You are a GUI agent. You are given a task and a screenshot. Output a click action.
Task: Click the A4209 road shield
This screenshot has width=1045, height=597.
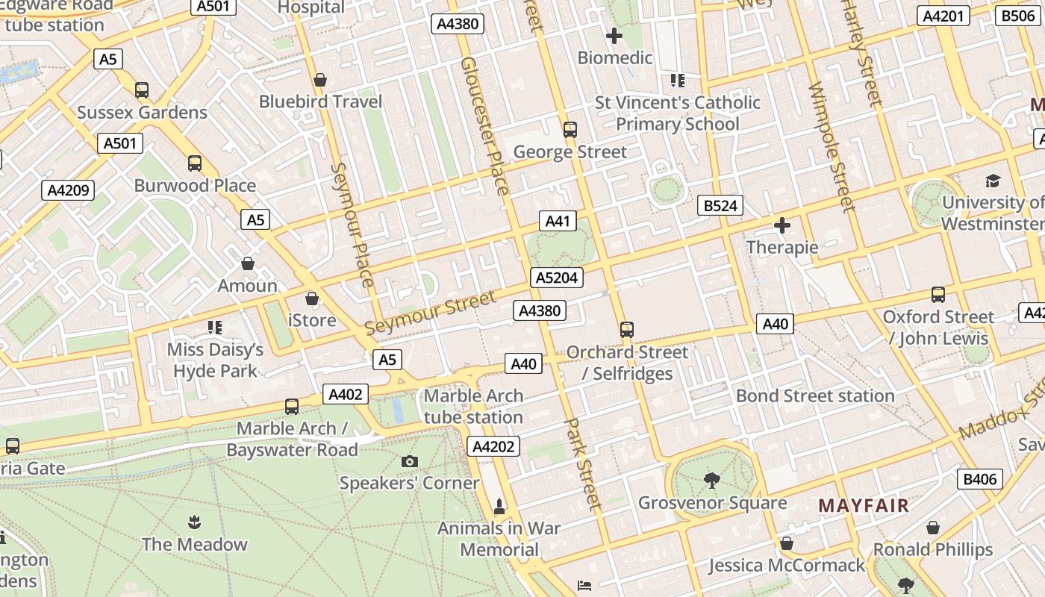point(68,190)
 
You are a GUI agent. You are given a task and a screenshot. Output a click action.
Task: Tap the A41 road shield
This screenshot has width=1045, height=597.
point(558,221)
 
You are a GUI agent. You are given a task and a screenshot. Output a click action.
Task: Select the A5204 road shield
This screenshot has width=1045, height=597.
point(557,278)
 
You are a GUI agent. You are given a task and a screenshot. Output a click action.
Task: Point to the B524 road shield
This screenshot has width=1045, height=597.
point(720,205)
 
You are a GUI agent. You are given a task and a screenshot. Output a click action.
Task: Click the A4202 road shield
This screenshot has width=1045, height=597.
point(493,447)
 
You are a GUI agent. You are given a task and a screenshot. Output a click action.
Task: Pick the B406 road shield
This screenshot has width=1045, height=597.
point(979,479)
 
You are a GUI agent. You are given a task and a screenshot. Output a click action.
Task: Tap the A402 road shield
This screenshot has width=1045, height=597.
point(345,394)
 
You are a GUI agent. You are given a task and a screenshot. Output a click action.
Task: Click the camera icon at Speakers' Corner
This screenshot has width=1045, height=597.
point(409,461)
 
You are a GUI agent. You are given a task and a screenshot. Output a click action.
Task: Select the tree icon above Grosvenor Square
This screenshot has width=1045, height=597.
point(712,481)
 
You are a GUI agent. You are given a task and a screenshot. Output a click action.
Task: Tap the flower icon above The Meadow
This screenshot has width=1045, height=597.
point(194,522)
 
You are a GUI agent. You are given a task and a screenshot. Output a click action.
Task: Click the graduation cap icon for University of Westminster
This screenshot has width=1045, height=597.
point(992,181)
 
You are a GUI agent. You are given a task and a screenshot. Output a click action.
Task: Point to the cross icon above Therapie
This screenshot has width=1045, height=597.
point(782,225)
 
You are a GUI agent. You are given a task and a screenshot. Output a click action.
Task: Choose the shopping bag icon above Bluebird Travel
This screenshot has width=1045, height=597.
point(320,80)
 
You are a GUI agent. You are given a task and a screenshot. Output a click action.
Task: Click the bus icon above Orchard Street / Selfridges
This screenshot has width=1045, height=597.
point(627,329)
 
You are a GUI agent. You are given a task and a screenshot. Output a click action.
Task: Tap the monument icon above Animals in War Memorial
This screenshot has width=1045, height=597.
point(499,507)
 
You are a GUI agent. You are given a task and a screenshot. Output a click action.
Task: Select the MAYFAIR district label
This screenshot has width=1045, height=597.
point(864,505)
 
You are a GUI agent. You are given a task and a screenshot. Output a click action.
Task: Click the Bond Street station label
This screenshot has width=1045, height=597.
point(815,396)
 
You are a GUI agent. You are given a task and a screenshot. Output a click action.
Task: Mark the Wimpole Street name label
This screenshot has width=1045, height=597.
point(831,146)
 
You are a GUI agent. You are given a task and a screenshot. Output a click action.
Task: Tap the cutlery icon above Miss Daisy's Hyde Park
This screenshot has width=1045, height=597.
point(215,327)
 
